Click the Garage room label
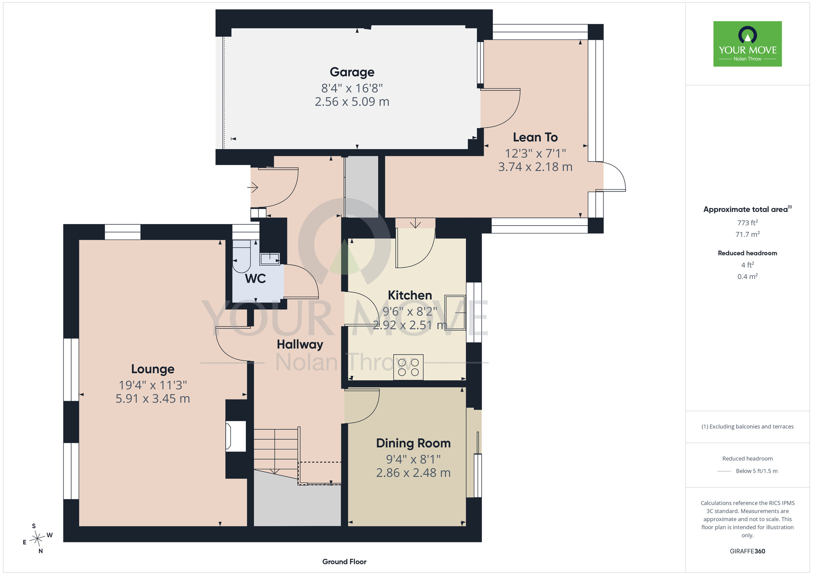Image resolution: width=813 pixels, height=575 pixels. tap(352, 72)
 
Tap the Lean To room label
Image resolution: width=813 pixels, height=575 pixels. tap(535, 137)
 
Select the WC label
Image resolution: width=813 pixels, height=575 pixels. tap(255, 279)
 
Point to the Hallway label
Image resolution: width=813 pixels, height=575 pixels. tap(300, 344)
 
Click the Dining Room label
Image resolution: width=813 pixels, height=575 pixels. tap(413, 443)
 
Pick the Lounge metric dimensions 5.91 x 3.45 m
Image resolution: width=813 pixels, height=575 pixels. tap(153, 399)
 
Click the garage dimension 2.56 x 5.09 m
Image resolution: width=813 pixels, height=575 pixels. tap(352, 102)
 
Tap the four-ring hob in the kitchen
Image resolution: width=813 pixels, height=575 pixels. tap(408, 367)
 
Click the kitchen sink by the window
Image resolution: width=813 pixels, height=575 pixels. tap(455, 312)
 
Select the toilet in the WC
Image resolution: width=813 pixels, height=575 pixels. tap(241, 256)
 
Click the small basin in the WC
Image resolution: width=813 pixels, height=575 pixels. tap(270, 259)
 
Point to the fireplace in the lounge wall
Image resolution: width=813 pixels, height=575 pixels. tap(236, 436)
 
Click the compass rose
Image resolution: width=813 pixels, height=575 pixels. tap(38, 538)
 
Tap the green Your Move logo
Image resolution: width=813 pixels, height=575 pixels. tap(748, 44)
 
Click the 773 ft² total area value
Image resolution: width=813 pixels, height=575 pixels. tap(748, 222)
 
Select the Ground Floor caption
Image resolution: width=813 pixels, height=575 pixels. tap(344, 562)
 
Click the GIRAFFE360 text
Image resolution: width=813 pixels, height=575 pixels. tap(748, 551)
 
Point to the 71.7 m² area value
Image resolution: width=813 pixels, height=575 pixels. tap(748, 234)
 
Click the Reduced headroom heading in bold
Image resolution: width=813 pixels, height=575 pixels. tap(748, 253)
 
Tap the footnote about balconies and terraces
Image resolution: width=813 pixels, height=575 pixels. tap(748, 427)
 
